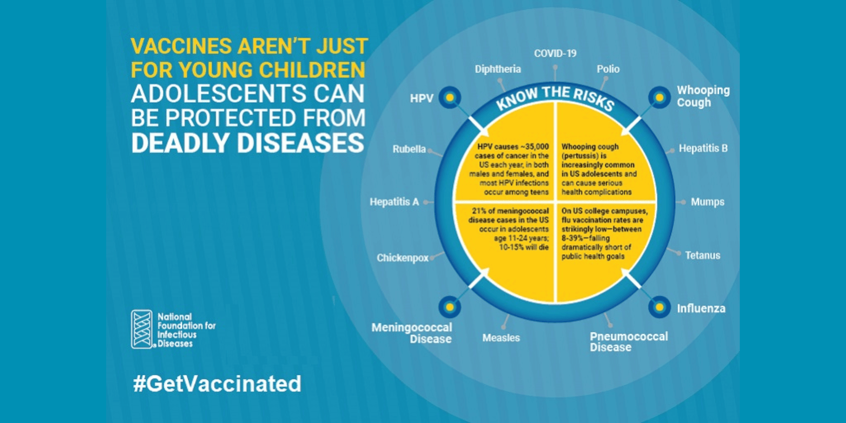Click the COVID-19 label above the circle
click(555, 54)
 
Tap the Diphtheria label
click(497, 69)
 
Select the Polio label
click(608, 69)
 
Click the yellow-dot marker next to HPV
click(449, 97)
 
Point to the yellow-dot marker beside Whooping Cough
click(659, 97)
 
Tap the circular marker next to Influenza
click(659, 307)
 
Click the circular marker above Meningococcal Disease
click(449, 307)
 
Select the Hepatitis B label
click(703, 148)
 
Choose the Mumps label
click(707, 202)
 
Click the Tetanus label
click(702, 256)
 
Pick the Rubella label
click(409, 149)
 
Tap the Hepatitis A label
click(394, 202)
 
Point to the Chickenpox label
click(402, 258)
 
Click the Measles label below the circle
click(501, 338)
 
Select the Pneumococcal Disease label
click(628, 341)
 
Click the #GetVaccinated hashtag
click(217, 384)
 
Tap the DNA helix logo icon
click(142, 329)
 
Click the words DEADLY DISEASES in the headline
click(248, 143)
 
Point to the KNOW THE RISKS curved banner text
click(555, 96)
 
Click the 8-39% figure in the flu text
click(572, 238)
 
